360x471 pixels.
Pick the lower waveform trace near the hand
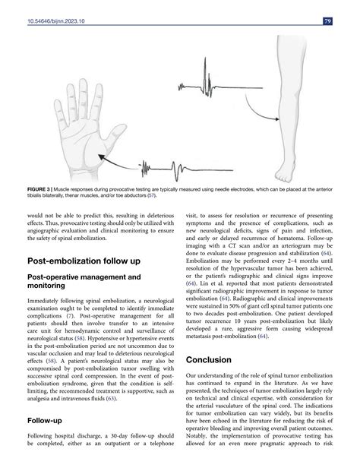(171, 165)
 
